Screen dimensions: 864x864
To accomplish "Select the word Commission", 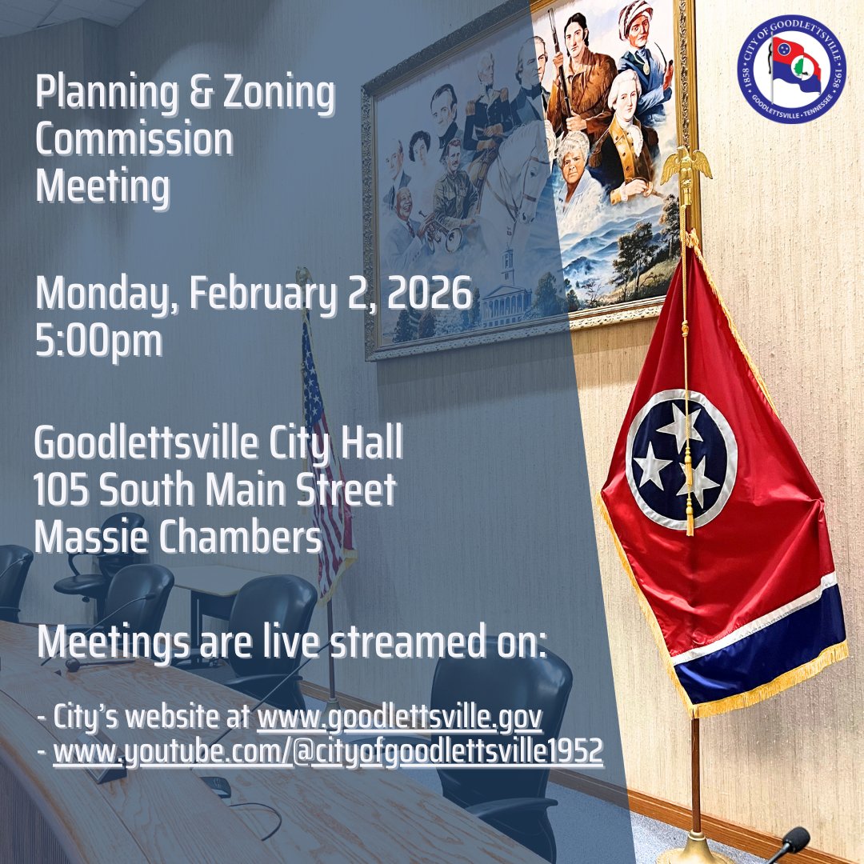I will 134,141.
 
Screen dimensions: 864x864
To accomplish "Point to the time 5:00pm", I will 98,340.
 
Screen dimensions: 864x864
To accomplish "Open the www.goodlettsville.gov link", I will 399,718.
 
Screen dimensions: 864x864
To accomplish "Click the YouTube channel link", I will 327,753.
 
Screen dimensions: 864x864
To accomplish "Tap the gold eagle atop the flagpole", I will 686,165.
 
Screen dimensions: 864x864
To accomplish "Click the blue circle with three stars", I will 681,459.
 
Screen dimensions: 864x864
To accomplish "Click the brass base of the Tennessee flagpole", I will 695,848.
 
